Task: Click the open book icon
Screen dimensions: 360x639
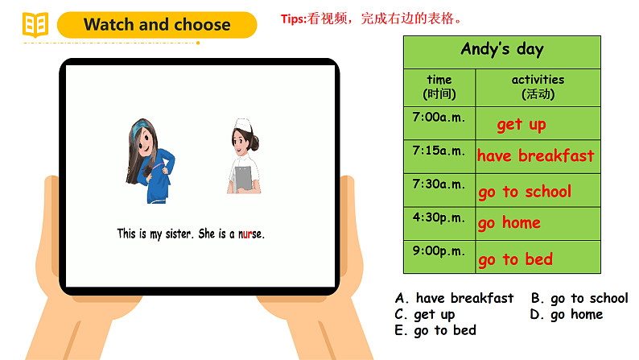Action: point(35,25)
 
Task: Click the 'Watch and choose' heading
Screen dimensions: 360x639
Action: point(157,25)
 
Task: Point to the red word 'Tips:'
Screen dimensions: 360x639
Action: point(294,19)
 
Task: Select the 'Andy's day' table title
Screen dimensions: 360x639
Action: point(501,49)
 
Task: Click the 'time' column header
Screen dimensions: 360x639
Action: point(439,86)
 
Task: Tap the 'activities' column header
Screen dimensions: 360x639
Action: point(538,86)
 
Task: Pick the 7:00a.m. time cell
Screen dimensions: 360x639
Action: point(439,117)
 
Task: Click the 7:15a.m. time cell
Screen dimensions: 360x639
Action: point(439,151)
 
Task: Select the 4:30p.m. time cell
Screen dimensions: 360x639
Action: point(439,217)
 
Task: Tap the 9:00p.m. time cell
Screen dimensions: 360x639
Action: point(439,250)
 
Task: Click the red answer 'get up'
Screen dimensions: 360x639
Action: point(522,124)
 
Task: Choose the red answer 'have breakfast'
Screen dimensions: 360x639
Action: point(536,155)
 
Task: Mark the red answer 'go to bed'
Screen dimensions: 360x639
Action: point(515,259)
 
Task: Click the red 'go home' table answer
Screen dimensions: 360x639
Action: point(509,223)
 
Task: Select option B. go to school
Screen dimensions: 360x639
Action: point(579,298)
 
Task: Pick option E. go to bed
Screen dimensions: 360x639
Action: point(435,330)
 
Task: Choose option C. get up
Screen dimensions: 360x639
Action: point(425,314)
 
